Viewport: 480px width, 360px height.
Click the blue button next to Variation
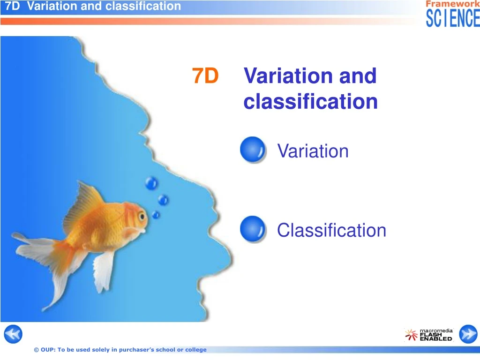(252, 150)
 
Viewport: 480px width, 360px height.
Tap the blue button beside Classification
(252, 229)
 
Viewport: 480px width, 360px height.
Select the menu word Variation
(313, 151)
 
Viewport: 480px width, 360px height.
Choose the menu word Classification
(331, 231)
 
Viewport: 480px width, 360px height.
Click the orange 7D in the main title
(205, 76)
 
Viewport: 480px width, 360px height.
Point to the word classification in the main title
(310, 101)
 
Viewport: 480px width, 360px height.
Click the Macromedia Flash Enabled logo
(429, 334)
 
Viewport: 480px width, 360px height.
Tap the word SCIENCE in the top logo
(453, 18)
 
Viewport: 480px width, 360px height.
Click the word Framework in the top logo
(453, 4)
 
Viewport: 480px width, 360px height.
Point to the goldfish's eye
(142, 215)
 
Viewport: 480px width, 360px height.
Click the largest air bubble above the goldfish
(151, 183)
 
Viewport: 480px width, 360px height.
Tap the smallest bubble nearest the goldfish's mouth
(156, 215)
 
